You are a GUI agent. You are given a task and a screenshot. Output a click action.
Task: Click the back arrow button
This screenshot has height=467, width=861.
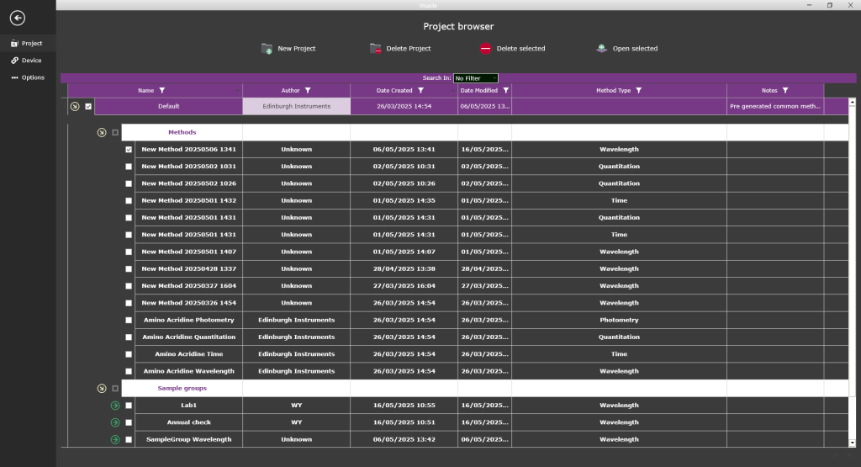click(17, 18)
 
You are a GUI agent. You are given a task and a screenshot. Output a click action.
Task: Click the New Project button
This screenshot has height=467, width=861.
click(288, 49)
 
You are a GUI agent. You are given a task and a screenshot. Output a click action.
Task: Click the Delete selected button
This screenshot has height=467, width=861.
click(512, 49)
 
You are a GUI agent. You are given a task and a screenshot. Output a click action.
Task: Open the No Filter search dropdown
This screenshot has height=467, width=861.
click(476, 78)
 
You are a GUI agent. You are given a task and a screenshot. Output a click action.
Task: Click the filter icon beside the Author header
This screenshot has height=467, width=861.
click(309, 90)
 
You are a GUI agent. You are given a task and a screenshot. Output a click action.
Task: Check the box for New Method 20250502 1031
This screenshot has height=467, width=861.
click(129, 167)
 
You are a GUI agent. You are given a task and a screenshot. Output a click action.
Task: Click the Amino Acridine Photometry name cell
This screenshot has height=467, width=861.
click(188, 320)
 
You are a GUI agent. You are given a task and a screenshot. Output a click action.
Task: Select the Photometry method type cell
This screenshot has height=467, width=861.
click(619, 320)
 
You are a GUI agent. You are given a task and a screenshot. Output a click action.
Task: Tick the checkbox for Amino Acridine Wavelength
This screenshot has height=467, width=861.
click(129, 371)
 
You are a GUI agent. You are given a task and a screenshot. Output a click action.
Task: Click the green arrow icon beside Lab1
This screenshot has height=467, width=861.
click(115, 406)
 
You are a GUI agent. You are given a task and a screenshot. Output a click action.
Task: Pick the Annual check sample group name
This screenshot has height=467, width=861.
click(189, 422)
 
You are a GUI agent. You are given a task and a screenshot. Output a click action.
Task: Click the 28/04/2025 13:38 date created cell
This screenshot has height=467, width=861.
click(404, 268)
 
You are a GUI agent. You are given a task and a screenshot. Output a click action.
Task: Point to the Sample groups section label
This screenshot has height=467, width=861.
click(182, 388)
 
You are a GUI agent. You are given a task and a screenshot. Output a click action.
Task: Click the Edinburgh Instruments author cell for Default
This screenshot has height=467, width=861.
click(296, 106)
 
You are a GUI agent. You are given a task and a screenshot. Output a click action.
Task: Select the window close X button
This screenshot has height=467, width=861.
click(849, 5)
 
